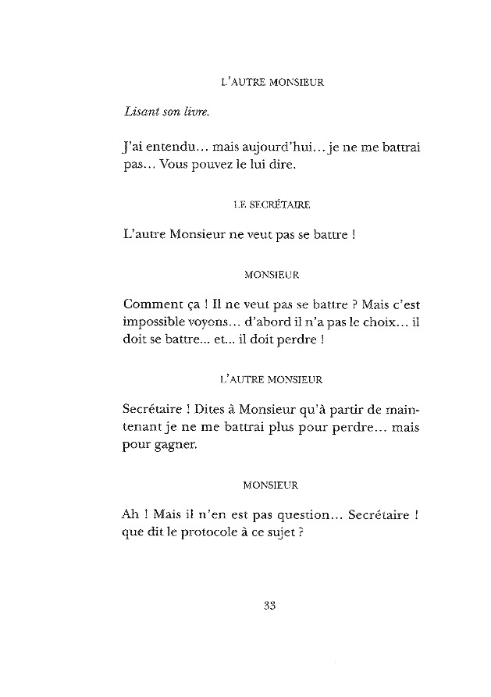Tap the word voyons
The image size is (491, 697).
(x=222, y=322)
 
